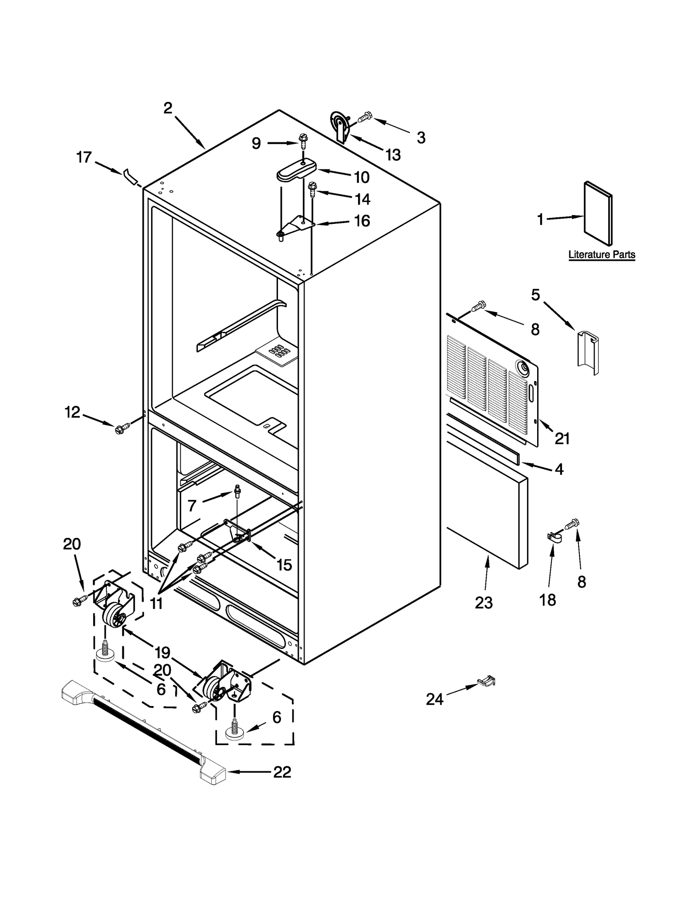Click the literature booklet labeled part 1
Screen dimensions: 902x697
click(x=598, y=214)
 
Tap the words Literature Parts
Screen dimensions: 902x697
click(x=602, y=255)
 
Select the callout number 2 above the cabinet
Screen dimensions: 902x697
click(x=168, y=108)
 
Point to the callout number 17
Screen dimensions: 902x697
click(x=84, y=157)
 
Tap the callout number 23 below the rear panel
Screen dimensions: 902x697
click(x=484, y=602)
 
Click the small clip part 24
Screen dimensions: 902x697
click(x=487, y=681)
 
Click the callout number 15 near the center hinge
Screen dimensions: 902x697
click(x=284, y=565)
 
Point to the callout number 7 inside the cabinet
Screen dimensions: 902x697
click(x=192, y=506)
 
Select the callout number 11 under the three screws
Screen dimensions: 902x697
click(x=156, y=603)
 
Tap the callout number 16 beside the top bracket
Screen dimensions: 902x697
click(x=362, y=221)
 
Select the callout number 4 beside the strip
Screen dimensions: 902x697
click(x=559, y=469)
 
